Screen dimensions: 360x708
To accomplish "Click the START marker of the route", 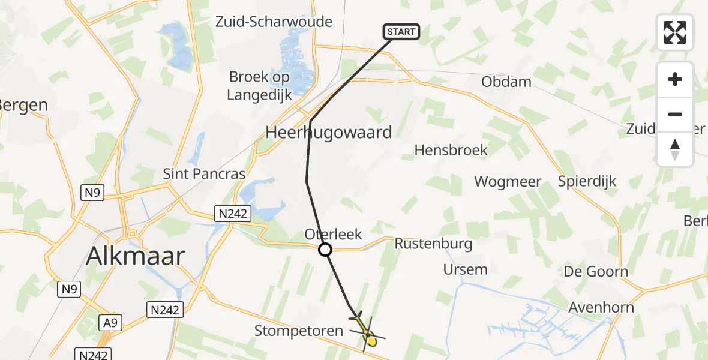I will pyautogui.click(x=401, y=32).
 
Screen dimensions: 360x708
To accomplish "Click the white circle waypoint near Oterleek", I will pyautogui.click(x=325, y=249).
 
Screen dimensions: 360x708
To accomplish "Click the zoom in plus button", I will pyautogui.click(x=675, y=80).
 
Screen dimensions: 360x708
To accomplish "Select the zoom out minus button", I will pyautogui.click(x=675, y=114).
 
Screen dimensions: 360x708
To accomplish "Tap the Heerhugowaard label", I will pyautogui.click(x=328, y=132).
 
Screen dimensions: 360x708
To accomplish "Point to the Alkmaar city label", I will pyautogui.click(x=135, y=256).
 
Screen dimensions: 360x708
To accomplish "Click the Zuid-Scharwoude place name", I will pyautogui.click(x=274, y=22).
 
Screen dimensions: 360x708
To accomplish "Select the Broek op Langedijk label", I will pyautogui.click(x=260, y=86).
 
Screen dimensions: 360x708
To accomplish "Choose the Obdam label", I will pyautogui.click(x=506, y=82).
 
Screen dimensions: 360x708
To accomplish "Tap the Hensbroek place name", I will pyautogui.click(x=451, y=150).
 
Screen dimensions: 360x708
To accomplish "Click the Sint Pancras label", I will pyautogui.click(x=204, y=174).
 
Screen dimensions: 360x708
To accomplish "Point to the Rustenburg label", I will pyautogui.click(x=433, y=244).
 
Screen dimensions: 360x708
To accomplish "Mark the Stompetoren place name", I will pyautogui.click(x=299, y=331).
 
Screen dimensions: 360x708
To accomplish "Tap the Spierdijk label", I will pyautogui.click(x=587, y=181).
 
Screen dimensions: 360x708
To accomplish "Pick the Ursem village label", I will pyautogui.click(x=465, y=269).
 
